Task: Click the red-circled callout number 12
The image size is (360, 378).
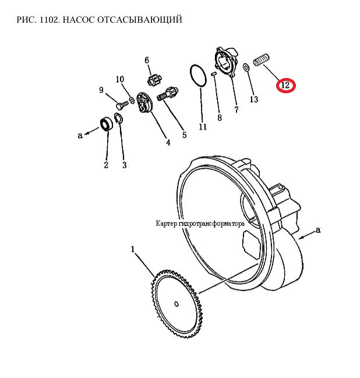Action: pyautogui.click(x=285, y=85)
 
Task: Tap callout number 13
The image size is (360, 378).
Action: pyautogui.click(x=253, y=99)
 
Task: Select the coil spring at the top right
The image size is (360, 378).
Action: pyautogui.click(x=261, y=59)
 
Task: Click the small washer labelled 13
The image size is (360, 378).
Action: pyautogui.click(x=246, y=68)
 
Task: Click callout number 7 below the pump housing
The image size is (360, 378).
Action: pyautogui.click(x=237, y=109)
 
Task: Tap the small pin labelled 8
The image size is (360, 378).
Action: pyautogui.click(x=214, y=74)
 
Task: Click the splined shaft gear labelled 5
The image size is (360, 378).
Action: pyautogui.click(x=167, y=94)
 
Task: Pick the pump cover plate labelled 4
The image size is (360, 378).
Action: pyautogui.click(x=144, y=103)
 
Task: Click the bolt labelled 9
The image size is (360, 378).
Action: pyautogui.click(x=122, y=105)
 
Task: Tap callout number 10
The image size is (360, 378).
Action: pyautogui.click(x=120, y=79)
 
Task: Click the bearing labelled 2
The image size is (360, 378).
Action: pyautogui.click(x=107, y=123)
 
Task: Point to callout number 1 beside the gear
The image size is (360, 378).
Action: pyautogui.click(x=132, y=249)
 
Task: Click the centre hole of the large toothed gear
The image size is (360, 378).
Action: pyautogui.click(x=177, y=304)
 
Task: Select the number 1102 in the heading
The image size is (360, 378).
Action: pyautogui.click(x=48, y=20)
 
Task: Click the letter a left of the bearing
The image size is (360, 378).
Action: pyautogui.click(x=80, y=136)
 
